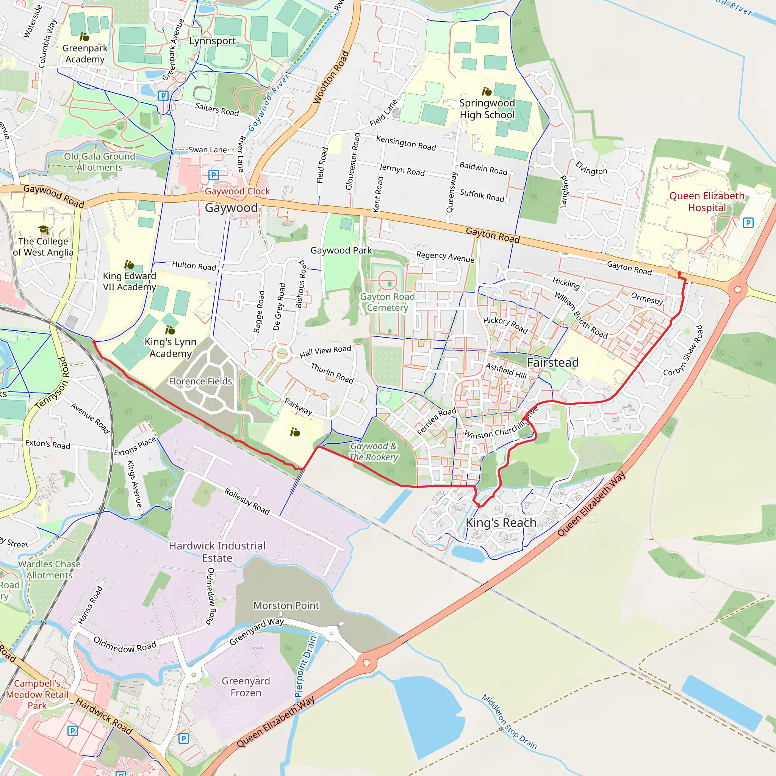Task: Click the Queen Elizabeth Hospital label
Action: tap(707, 202)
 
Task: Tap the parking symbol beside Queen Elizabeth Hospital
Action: tap(748, 222)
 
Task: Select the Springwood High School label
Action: tap(487, 109)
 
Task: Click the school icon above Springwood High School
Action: tap(487, 92)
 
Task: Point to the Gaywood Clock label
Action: tap(237, 191)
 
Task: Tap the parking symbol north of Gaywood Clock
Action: tap(214, 175)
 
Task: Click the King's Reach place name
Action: tap(501, 523)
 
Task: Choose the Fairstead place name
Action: tap(553, 362)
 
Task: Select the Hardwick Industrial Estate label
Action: tap(217, 551)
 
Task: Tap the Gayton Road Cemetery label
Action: tap(387, 302)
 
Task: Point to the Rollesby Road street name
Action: tap(247, 501)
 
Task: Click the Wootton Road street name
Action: tap(331, 77)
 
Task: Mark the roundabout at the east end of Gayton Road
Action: tap(737, 289)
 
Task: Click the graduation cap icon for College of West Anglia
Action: tap(43, 230)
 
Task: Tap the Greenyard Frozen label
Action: tap(246, 687)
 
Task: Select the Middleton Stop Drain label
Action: tap(509, 721)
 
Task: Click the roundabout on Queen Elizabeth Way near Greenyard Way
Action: tap(366, 662)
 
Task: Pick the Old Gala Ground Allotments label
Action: tap(99, 162)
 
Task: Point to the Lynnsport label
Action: tap(212, 41)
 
